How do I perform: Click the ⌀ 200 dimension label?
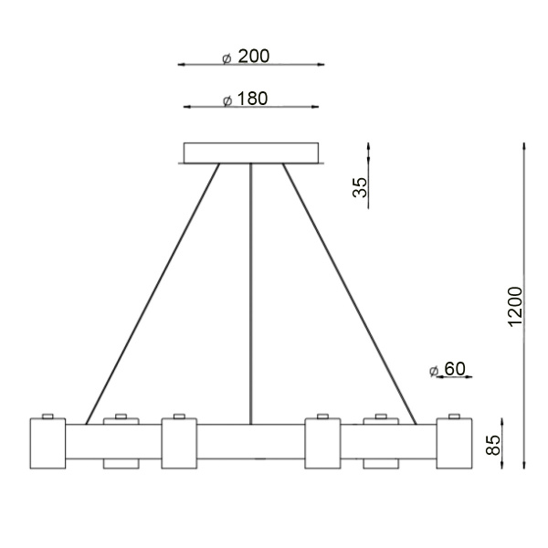pyautogui.click(x=247, y=57)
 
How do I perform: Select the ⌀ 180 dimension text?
pyautogui.click(x=247, y=100)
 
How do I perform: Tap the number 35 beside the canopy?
pyautogui.click(x=361, y=186)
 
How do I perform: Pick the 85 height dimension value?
pyautogui.click(x=494, y=445)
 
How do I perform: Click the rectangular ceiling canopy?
pyautogui.click(x=250, y=153)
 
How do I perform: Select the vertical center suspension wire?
pyautogui.click(x=250, y=292)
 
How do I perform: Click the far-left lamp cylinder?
pyautogui.click(x=47, y=443)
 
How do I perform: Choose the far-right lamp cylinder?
pyautogui.click(x=453, y=443)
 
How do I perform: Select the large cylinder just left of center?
pyautogui.click(x=179, y=443)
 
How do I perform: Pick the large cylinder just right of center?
pyautogui.click(x=321, y=443)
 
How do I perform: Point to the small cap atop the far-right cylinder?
pyautogui.click(x=453, y=416)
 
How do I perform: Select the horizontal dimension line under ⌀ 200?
pyautogui.click(x=250, y=65)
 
